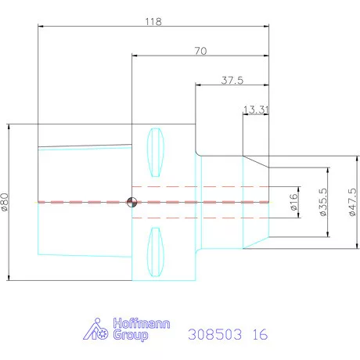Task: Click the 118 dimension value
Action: [153, 21]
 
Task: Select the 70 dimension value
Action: [200, 51]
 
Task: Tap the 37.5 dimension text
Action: [232, 80]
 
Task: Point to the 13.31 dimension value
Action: [256, 110]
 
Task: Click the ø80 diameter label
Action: [5, 202]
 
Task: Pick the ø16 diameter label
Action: [293, 202]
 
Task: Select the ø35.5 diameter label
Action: [323, 202]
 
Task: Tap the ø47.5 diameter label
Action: [352, 202]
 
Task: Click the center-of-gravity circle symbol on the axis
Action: [131, 202]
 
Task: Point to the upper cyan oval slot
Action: [156, 153]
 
